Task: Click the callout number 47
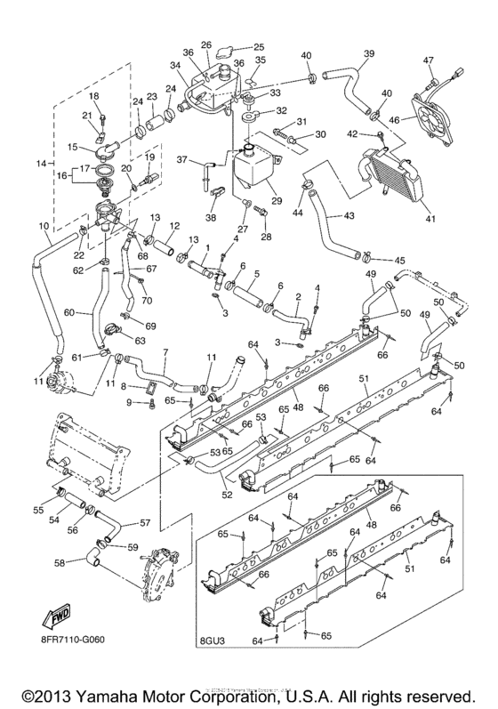pos(428,60)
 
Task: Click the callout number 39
pos(367,54)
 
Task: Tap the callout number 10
pos(44,227)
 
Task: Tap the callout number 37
pos(182,160)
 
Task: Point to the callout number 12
pos(175,225)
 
